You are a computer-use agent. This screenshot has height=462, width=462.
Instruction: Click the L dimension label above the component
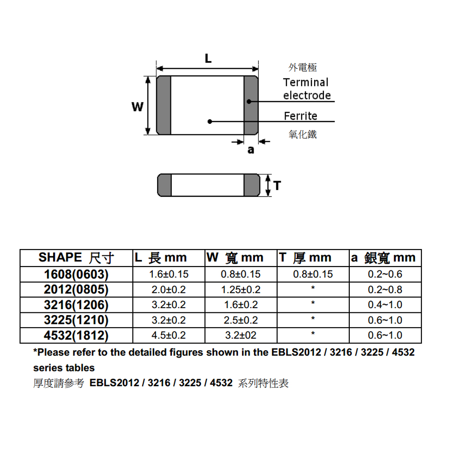click(x=208, y=59)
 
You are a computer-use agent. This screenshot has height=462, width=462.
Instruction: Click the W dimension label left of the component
click(x=137, y=107)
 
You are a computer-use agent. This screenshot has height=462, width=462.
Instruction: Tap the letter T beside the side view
click(x=277, y=186)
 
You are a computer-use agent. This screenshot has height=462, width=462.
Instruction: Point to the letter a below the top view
click(x=251, y=150)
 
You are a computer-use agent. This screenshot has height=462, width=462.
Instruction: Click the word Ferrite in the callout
click(x=300, y=115)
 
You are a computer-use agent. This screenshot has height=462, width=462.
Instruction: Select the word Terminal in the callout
click(x=305, y=83)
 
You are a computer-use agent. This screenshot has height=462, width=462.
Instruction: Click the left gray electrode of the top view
click(x=164, y=106)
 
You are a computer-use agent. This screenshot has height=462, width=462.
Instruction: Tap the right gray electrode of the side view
click(x=252, y=185)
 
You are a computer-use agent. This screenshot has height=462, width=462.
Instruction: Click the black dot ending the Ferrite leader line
click(x=210, y=122)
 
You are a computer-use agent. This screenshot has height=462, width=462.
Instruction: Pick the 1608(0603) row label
click(x=76, y=274)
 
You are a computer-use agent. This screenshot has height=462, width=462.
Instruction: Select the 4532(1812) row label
click(x=76, y=335)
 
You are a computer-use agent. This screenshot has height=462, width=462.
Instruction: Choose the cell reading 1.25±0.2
click(x=241, y=290)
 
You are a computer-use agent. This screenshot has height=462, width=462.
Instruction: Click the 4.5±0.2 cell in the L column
click(x=169, y=335)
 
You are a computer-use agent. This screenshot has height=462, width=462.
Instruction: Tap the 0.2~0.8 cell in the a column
click(x=385, y=290)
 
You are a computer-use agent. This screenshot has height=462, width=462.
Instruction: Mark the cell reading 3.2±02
click(x=241, y=335)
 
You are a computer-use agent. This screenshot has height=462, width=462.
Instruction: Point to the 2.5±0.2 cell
click(x=241, y=320)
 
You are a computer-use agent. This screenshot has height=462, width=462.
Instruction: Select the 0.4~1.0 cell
click(x=385, y=305)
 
